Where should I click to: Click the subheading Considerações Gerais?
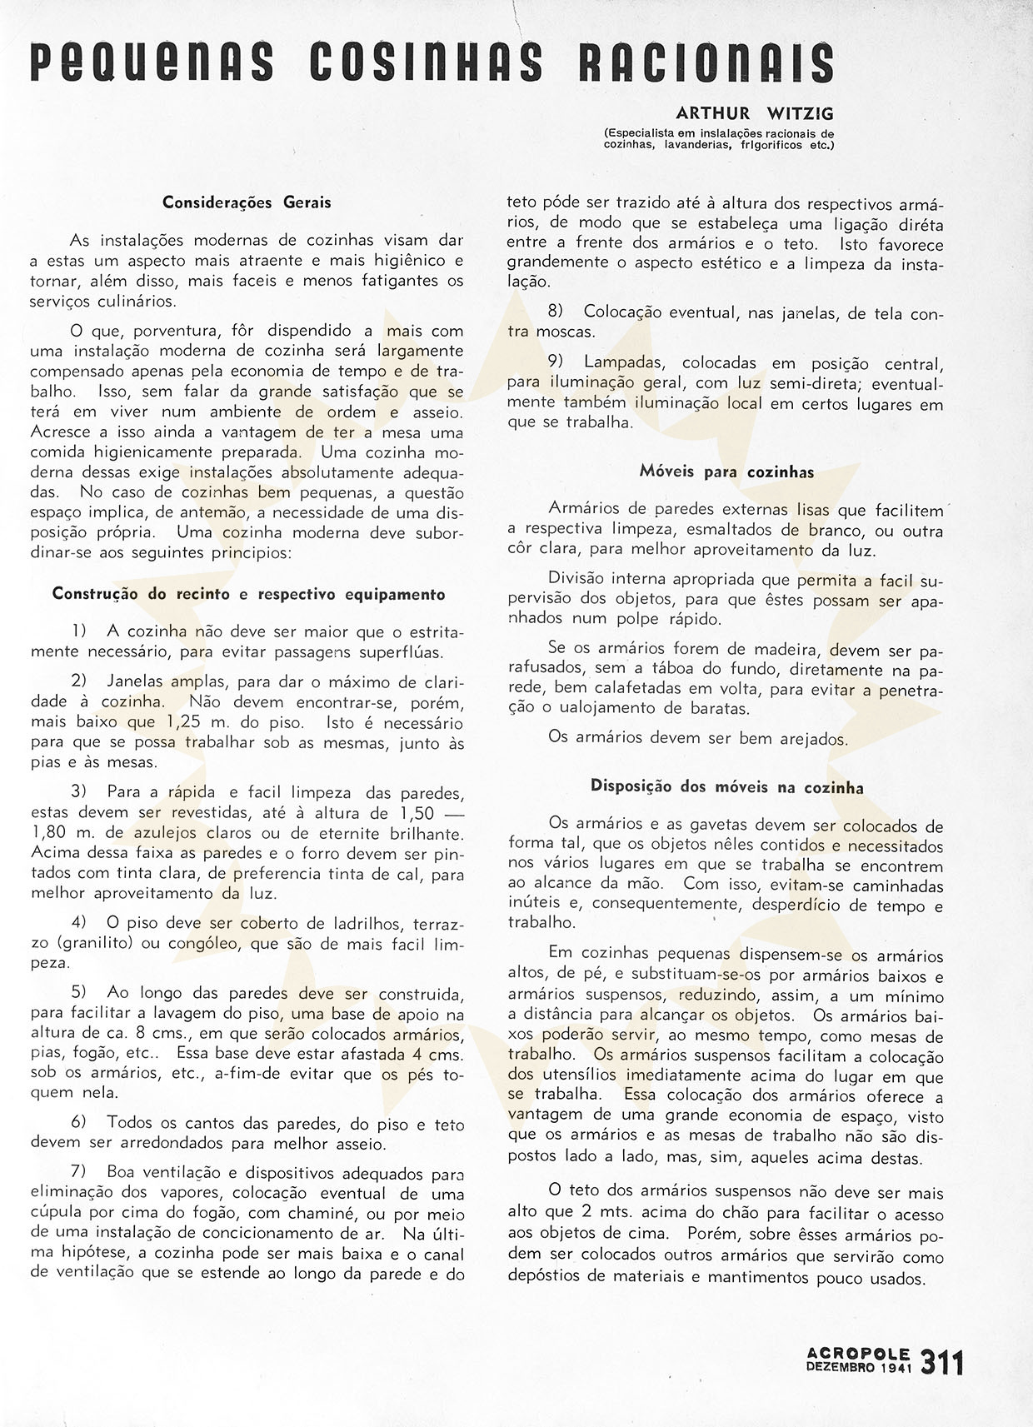(x=247, y=202)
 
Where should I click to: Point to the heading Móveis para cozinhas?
(x=726, y=472)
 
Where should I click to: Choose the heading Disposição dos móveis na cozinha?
(x=726, y=786)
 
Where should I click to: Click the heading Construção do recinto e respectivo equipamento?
(x=248, y=594)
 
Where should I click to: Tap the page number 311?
(x=942, y=1364)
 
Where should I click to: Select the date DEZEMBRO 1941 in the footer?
(x=859, y=1368)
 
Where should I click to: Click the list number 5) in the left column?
(x=79, y=993)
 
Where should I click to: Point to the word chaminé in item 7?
(x=296, y=1215)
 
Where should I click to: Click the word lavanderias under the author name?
(x=689, y=143)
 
